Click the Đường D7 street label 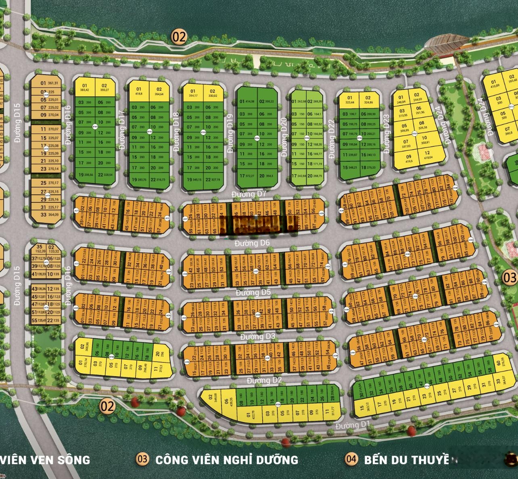tap(249, 194)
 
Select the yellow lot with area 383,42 tap(85, 87)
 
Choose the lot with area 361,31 tap(48, 83)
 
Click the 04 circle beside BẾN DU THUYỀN tap(351, 458)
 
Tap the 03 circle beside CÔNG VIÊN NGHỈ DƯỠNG tap(142, 458)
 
